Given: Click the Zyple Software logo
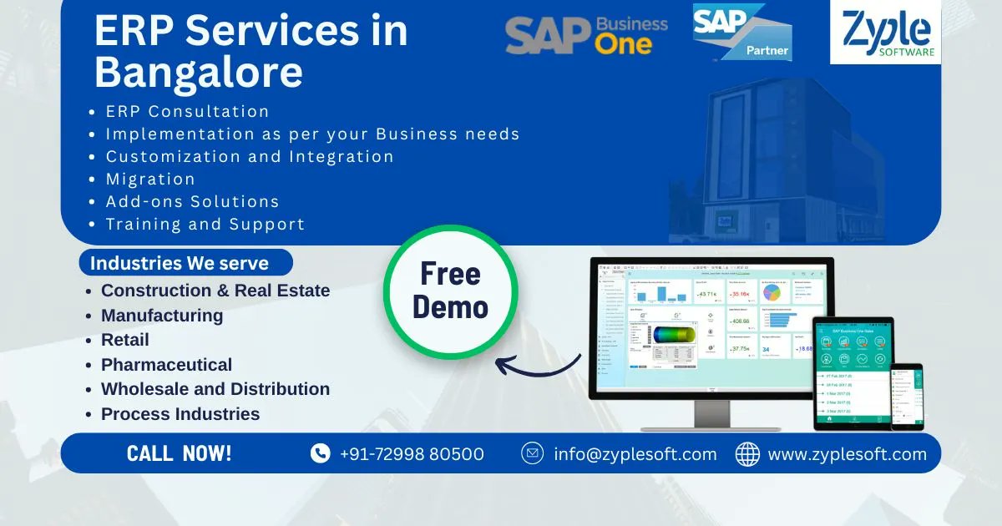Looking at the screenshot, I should (x=885, y=33).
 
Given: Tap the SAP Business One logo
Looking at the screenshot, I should (x=586, y=34).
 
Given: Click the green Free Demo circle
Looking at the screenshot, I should (x=451, y=291).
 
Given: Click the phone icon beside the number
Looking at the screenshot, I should (x=320, y=453).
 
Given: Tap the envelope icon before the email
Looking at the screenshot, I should (x=532, y=453).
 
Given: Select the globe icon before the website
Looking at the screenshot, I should (x=747, y=453).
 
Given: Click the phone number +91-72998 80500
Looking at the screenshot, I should (x=412, y=454).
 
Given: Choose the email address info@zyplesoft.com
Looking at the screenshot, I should (x=635, y=454).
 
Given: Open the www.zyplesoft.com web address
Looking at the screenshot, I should (x=847, y=454).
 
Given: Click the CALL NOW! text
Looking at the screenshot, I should (x=180, y=453).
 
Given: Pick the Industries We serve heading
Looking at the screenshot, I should (x=180, y=263).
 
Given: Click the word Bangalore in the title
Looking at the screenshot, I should (x=199, y=72).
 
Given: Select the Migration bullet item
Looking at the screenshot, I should (x=150, y=179).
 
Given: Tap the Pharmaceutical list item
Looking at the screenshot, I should (x=166, y=365).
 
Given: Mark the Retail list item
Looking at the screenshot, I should (x=125, y=340).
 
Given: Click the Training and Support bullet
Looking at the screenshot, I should (x=205, y=224).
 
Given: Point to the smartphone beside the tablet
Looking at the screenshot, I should (x=907, y=397).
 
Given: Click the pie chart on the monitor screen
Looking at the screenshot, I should (x=772, y=292).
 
